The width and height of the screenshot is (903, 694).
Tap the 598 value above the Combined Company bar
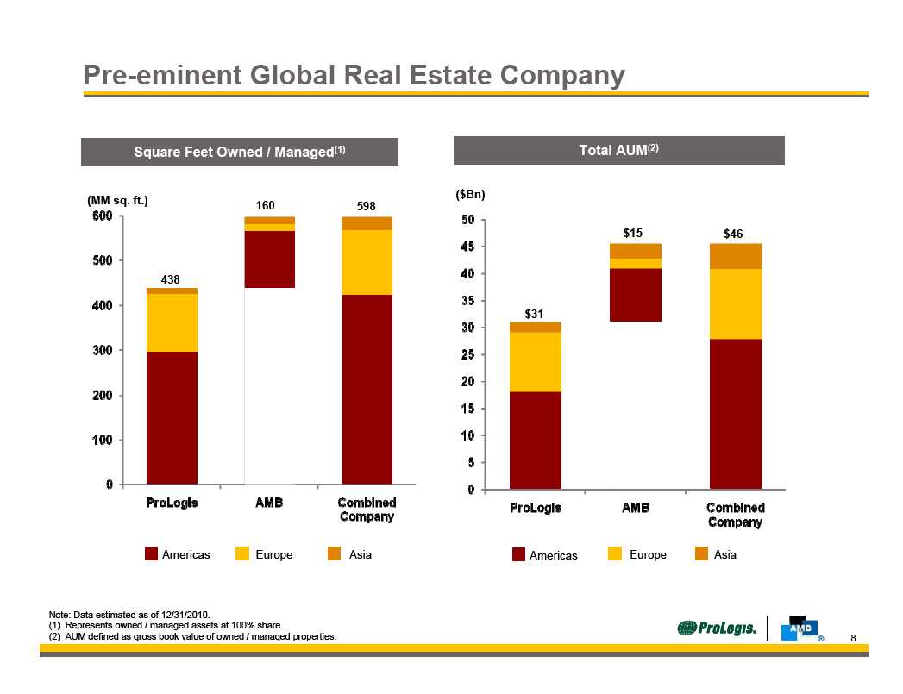click(x=367, y=206)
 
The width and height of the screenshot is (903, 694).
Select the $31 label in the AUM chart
click(x=536, y=312)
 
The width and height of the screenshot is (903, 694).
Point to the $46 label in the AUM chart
click(x=733, y=234)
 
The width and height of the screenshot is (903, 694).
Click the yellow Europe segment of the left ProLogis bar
click(x=172, y=322)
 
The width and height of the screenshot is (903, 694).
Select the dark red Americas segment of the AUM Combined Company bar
click(x=736, y=414)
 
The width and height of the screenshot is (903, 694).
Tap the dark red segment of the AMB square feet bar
click(x=270, y=259)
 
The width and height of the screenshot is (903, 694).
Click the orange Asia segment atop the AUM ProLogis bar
click(x=536, y=327)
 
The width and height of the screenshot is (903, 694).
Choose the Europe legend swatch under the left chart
click(x=242, y=554)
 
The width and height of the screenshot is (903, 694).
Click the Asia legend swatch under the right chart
click(x=700, y=554)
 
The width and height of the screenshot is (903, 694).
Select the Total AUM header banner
click(x=618, y=150)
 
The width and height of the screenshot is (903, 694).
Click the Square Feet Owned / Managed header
click(x=240, y=152)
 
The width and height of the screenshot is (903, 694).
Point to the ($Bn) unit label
click(x=470, y=195)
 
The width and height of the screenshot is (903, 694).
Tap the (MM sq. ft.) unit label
click(x=118, y=201)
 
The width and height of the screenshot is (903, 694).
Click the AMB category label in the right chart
click(x=636, y=508)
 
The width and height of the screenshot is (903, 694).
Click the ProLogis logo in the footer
click(x=717, y=628)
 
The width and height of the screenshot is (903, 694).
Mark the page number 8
click(x=853, y=638)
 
